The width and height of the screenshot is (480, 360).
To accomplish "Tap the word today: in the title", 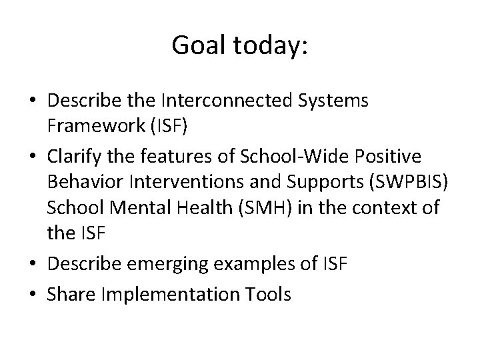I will tap(271, 45).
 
